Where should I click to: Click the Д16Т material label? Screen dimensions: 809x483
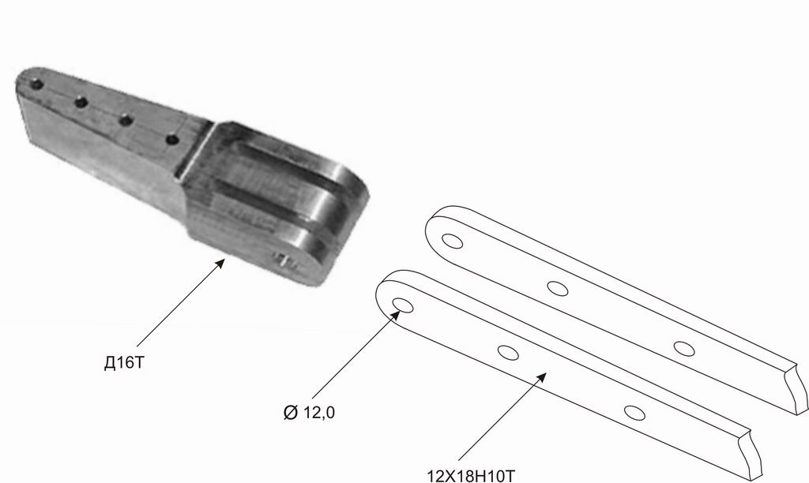124,363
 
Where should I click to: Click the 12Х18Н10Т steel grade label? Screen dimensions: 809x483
471,475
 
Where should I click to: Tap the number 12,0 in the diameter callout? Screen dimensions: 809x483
319,413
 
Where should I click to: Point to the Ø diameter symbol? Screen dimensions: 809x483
291,413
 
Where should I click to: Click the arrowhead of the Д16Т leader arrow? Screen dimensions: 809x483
220,263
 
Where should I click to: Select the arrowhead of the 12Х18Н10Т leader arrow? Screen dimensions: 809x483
542,376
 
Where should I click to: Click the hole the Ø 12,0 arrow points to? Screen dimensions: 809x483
402,305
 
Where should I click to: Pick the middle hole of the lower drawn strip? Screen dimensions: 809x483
508,353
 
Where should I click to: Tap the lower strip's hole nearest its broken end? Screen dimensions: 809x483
634,413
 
